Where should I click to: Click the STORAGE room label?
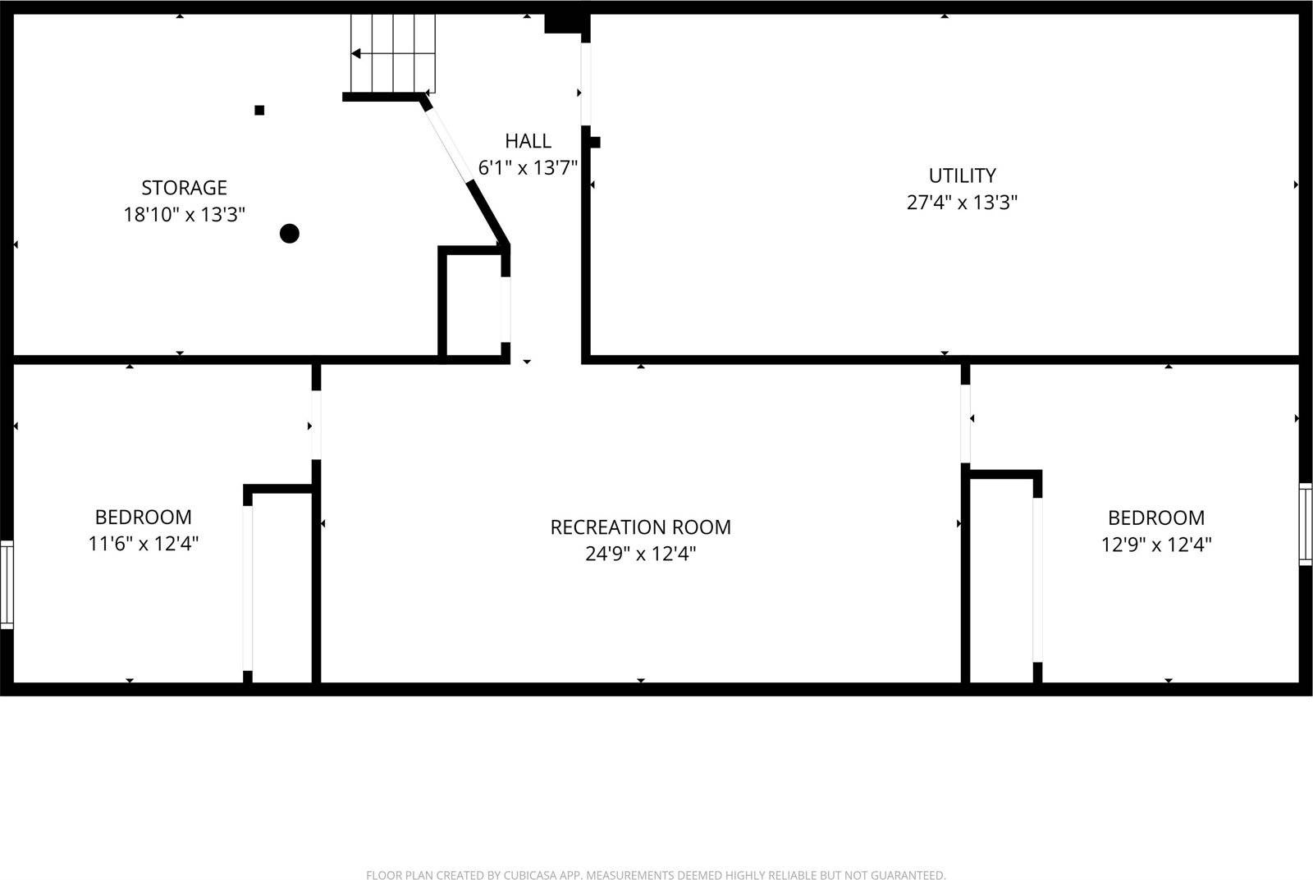coord(184,188)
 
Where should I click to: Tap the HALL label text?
coord(528,141)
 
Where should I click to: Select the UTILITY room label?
coord(962,176)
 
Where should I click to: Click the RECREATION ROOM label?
coord(640,527)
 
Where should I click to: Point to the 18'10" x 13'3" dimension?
coord(184,215)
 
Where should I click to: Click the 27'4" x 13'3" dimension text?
coord(962,203)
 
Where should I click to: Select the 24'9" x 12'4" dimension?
coord(640,554)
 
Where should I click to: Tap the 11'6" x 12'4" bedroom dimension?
coord(143,543)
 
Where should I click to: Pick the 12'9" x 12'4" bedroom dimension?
coord(1155,544)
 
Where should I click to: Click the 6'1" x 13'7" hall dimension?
coord(528,168)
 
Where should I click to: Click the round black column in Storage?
coord(289,234)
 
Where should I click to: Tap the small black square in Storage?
coord(259,110)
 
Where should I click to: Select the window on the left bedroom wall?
coord(7,585)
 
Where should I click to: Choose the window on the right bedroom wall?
coord(1306,524)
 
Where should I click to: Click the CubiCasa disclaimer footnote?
coord(655,875)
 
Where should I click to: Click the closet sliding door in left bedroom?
coord(247,589)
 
